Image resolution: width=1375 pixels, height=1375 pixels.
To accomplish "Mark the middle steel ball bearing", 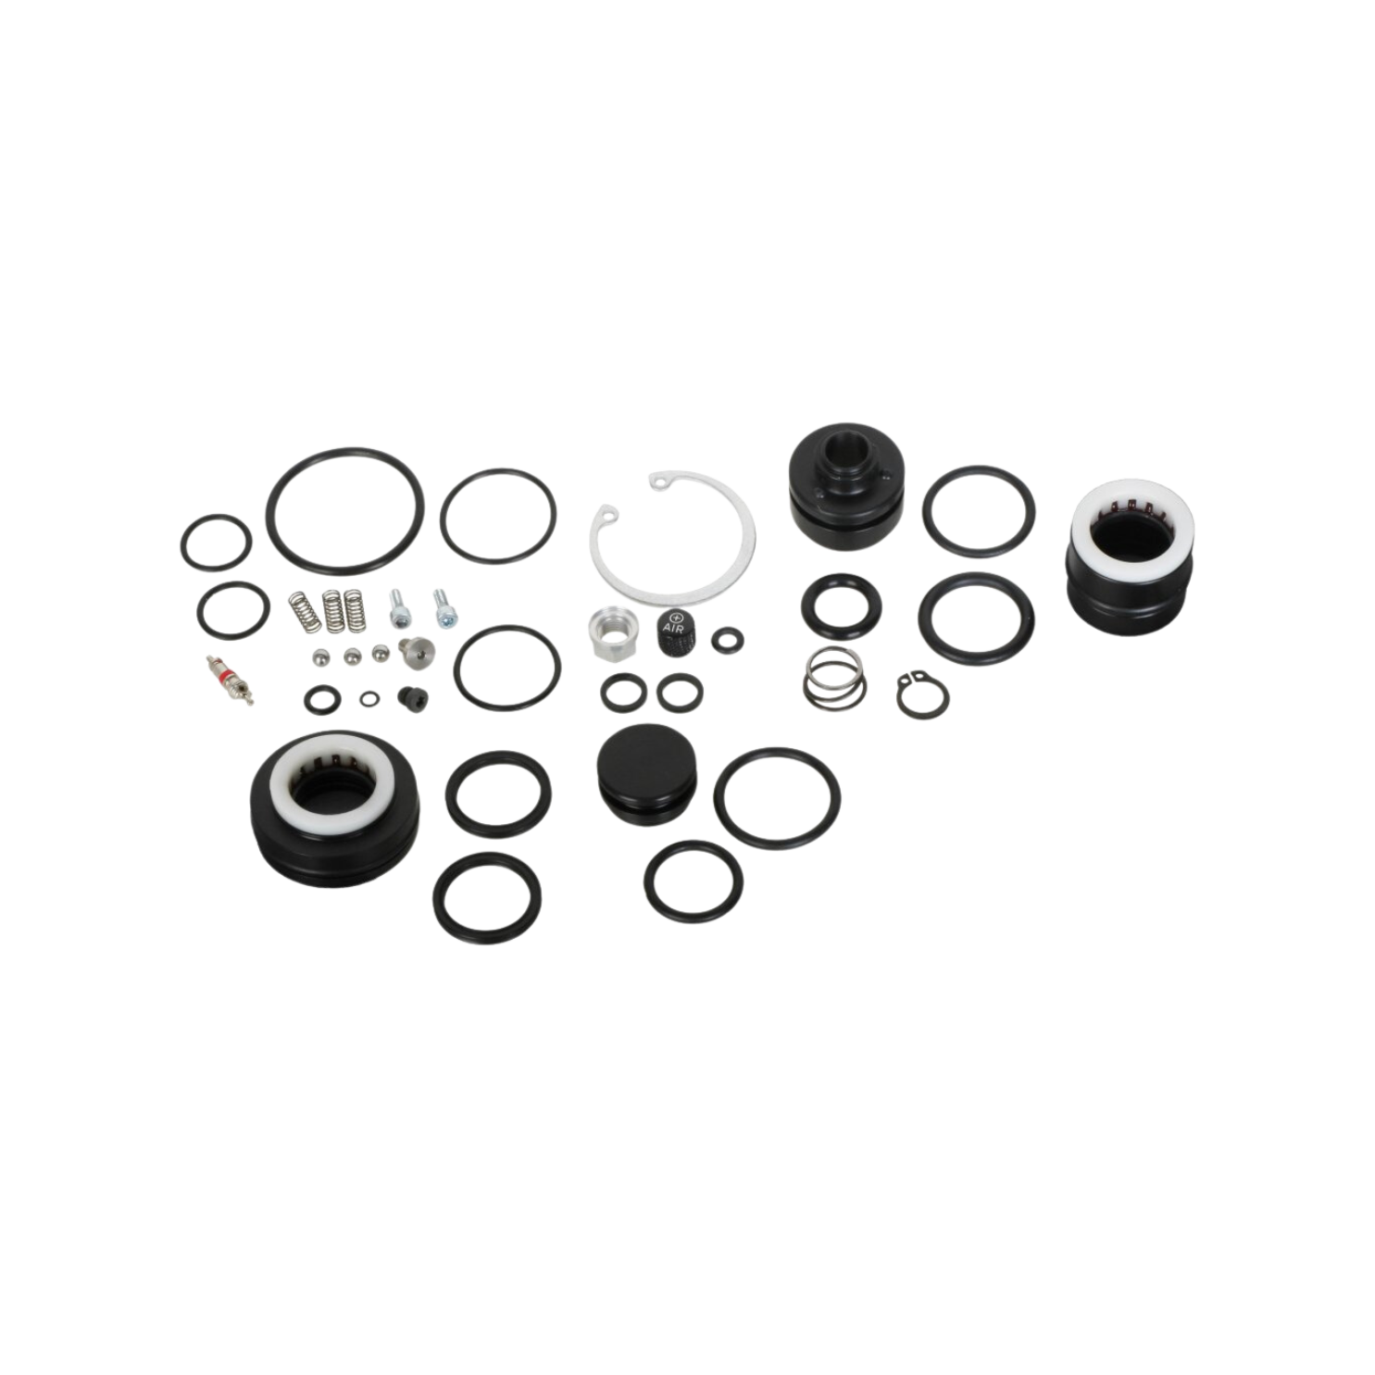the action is pyautogui.click(x=351, y=656).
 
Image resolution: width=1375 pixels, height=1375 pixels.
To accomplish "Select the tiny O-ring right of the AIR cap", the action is pyautogui.click(x=726, y=637).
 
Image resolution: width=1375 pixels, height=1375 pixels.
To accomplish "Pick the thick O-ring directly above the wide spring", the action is pyautogui.click(x=842, y=606).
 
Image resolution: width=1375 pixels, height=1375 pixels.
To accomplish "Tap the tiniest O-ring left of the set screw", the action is pyautogui.click(x=370, y=696).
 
